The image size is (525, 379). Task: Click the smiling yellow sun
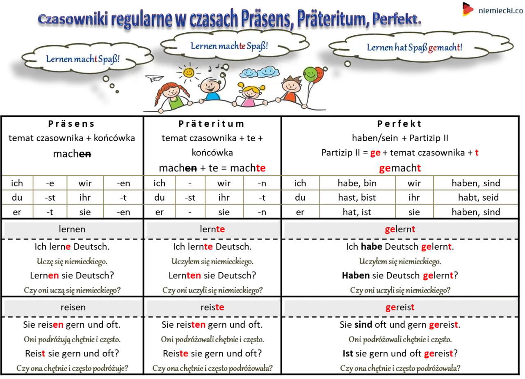coord(188,73)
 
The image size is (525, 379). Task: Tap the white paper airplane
coord(154,78)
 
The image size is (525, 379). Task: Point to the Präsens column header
coord(71,124)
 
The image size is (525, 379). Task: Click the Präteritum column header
coord(211,124)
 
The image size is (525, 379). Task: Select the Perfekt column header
coord(399,124)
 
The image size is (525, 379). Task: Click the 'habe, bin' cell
coord(357,183)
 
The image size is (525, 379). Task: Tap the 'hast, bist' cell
coord(357,198)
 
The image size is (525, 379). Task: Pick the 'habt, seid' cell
coord(478,198)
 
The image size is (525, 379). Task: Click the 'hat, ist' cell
coord(357,212)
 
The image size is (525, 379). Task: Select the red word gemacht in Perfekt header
coord(400,168)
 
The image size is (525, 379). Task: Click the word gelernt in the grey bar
coord(400,229)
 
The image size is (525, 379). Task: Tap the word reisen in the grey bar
coord(73,307)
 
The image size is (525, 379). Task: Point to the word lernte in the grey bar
coord(212,229)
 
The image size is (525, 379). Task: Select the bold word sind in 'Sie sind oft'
coord(363,325)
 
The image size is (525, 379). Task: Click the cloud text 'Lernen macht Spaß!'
coord(83,59)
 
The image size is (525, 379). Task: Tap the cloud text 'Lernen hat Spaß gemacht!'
coord(414,48)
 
